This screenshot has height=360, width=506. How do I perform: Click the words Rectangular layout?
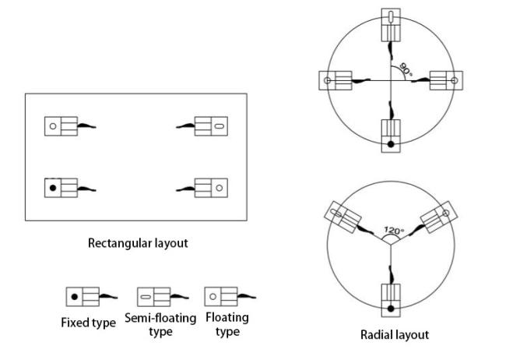coord(139,243)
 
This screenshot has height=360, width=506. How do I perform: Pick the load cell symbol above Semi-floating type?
coord(153,297)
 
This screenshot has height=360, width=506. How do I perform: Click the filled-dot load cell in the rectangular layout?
coord(61,188)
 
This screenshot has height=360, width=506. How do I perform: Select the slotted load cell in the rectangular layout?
coord(211,125)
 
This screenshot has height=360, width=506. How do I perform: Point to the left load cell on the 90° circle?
coord(336,80)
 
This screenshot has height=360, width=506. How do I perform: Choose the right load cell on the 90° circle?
coord(445,80)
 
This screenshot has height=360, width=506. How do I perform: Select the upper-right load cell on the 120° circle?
coord(437,218)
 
